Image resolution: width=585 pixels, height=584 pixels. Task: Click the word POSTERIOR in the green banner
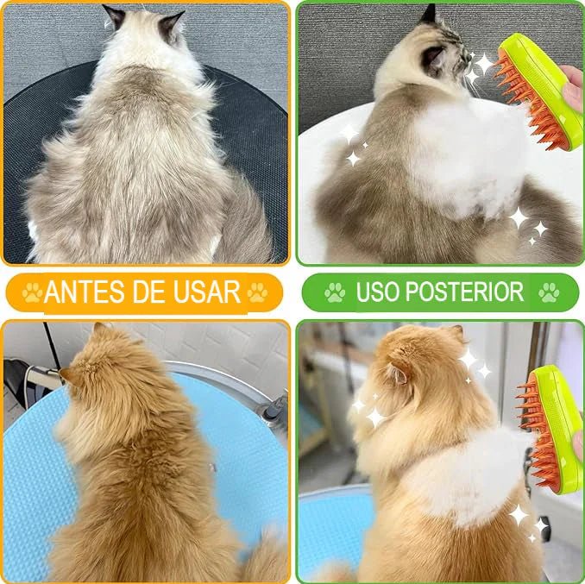(x=467, y=292)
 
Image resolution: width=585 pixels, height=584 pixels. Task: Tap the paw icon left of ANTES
(x=32, y=292)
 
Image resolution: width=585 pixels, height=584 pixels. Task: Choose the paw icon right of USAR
(x=256, y=292)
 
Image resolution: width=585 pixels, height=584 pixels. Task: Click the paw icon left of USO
(x=334, y=292)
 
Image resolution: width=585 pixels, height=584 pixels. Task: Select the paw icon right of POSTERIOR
(x=549, y=292)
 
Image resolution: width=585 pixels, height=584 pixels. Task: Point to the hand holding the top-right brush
(x=573, y=86)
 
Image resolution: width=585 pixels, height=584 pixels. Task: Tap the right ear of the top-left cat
(x=171, y=22)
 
